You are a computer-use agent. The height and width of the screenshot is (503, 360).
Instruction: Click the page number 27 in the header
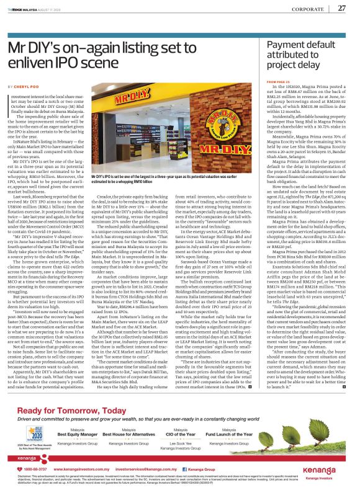pos(341,7)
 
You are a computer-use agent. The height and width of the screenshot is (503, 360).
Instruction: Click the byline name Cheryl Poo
pos(25,86)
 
